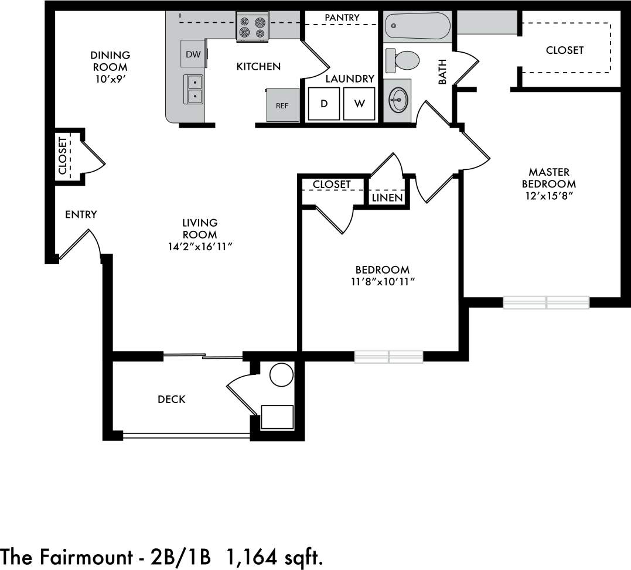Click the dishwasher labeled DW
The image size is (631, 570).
point(193,54)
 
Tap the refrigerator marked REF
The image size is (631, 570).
point(282,105)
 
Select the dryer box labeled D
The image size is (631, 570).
point(324,104)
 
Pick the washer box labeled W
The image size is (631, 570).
point(360,104)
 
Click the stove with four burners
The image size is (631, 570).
point(252,28)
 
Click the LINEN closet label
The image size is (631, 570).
point(387,198)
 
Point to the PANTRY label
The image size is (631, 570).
point(342,18)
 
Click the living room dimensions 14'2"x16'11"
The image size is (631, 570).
point(200,247)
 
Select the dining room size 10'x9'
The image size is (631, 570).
point(110,79)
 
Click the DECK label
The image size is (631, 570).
point(172,400)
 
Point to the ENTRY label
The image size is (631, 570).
point(81,215)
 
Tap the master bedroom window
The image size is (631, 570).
point(546,303)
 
